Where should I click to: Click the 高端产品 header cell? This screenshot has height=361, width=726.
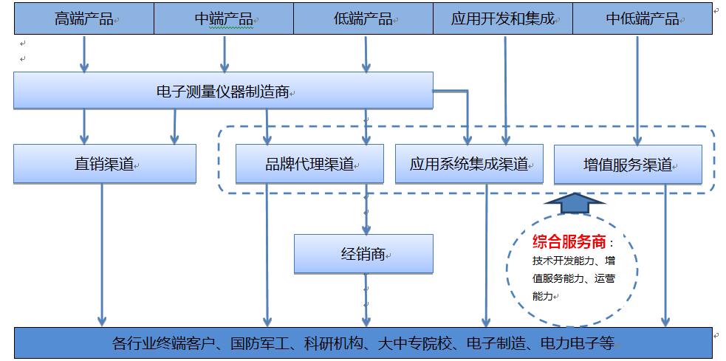[x=84, y=19]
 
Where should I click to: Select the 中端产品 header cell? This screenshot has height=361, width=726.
[x=223, y=19]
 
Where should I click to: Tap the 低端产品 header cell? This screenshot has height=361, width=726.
[x=363, y=19]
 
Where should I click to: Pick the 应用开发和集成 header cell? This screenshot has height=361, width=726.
[x=502, y=19]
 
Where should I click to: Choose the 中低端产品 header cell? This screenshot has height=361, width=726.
[x=642, y=19]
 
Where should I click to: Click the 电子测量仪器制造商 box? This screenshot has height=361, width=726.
[x=223, y=91]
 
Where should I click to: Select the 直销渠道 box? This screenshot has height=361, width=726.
[x=104, y=164]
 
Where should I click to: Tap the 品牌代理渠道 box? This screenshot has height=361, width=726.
[x=309, y=164]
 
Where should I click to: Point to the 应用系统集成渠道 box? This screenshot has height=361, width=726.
[x=469, y=164]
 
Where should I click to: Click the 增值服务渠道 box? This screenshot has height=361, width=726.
[x=628, y=164]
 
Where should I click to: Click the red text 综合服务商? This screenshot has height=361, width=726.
[x=569, y=241]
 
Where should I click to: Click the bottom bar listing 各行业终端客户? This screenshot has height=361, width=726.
[x=363, y=343]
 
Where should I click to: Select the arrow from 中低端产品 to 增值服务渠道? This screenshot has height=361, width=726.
[x=637, y=89]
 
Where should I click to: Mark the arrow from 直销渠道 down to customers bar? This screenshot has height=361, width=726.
[x=102, y=255]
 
